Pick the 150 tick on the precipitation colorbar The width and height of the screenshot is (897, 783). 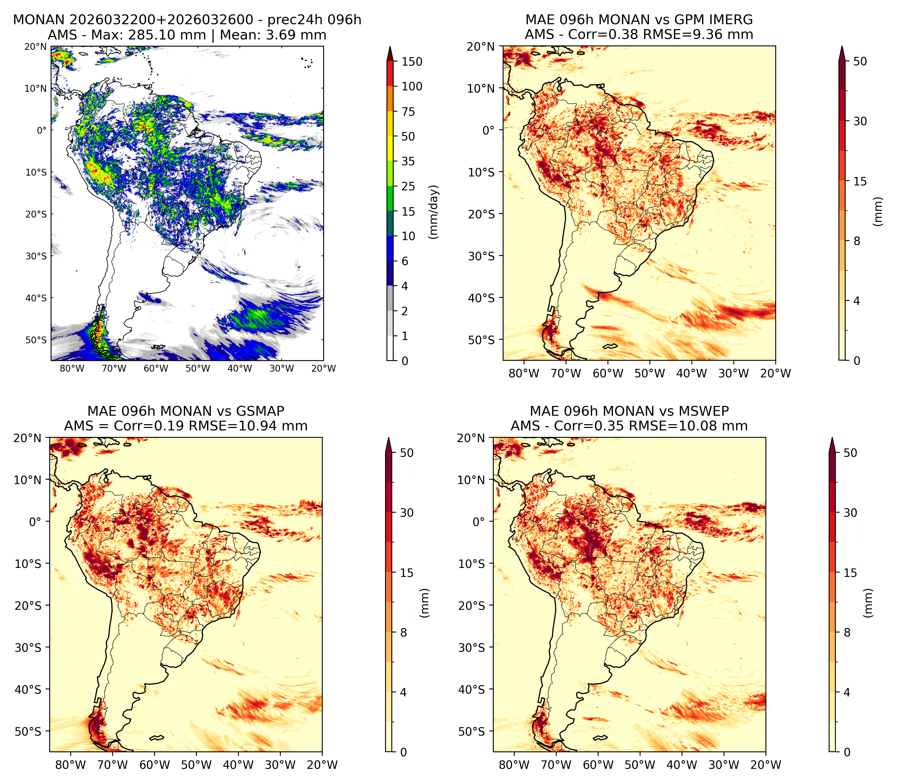click(412, 62)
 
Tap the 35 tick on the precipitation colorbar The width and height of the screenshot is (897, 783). click(408, 161)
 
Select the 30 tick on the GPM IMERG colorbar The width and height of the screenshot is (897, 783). click(860, 121)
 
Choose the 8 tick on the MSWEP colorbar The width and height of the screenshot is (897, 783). click(847, 633)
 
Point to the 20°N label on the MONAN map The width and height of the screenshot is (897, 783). click(35, 46)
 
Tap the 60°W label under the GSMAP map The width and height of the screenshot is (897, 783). click(154, 765)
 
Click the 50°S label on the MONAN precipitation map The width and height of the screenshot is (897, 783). click(35, 340)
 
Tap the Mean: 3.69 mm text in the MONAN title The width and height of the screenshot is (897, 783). click(273, 35)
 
